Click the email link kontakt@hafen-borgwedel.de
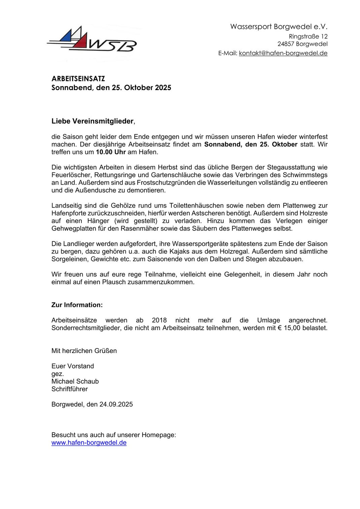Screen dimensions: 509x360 283,53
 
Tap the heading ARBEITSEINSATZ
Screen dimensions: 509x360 78,79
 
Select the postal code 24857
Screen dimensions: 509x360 286,44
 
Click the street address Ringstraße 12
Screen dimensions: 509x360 308,36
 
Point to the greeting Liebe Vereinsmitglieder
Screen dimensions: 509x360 93,121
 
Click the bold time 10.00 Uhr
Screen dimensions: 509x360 111,152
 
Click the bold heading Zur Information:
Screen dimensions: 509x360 77,305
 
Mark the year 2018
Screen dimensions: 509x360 159,320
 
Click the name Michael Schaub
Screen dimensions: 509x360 75,381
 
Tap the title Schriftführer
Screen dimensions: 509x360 69,389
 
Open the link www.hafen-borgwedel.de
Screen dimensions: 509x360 89,442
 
